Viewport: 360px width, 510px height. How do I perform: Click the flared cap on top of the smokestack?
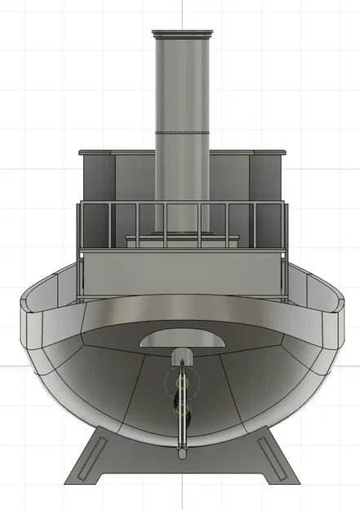pos(181,33)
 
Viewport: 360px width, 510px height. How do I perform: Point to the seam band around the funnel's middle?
pos(181,132)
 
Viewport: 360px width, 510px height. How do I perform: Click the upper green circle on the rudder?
pos(181,382)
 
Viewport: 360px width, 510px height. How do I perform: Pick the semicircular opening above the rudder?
pos(181,339)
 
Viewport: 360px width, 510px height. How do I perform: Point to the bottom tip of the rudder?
pos(181,448)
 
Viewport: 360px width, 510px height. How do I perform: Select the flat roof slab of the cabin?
pos(181,153)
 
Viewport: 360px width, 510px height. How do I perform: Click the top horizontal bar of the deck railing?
pos(181,204)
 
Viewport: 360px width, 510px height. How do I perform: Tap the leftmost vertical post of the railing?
pos(79,249)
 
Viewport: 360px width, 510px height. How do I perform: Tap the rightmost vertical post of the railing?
pos(285,249)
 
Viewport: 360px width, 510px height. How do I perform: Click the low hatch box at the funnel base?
pos(181,240)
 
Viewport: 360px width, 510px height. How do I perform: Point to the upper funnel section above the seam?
pos(181,82)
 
